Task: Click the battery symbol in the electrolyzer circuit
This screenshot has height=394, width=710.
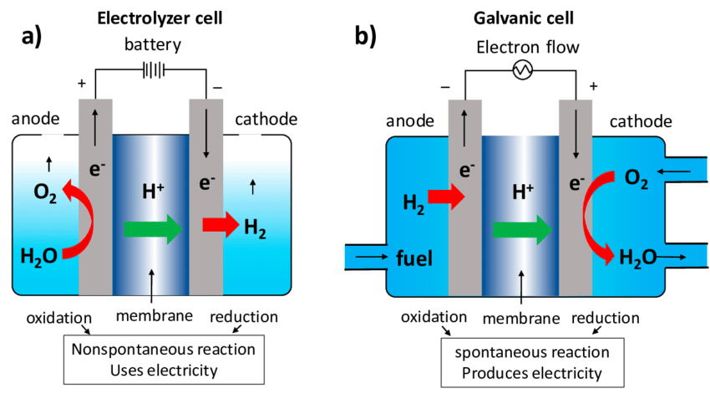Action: [153, 70]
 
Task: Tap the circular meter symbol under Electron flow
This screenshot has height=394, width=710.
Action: [522, 70]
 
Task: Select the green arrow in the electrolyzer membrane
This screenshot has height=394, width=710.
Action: [153, 229]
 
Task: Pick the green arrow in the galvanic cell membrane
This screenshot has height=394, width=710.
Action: [522, 230]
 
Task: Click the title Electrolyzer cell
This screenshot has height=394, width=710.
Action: [160, 18]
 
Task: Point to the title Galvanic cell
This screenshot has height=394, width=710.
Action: [524, 18]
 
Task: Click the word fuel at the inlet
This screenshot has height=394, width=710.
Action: [414, 258]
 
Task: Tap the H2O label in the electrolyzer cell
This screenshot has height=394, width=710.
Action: [39, 257]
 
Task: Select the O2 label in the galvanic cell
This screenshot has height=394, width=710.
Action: [636, 179]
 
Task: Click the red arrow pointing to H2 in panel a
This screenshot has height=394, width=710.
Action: [221, 224]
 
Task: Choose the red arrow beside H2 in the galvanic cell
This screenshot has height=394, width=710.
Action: [447, 197]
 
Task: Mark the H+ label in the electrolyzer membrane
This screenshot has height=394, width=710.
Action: [153, 191]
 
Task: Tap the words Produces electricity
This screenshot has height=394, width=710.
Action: [532, 373]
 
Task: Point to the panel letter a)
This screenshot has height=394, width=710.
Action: [32, 36]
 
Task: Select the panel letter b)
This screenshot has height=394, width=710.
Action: [365, 36]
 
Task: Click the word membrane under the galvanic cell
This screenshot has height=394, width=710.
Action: [521, 319]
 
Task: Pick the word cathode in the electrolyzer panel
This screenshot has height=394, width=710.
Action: [266, 120]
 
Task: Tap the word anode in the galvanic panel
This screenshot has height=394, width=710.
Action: [410, 121]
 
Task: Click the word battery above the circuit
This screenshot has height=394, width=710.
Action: [153, 45]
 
